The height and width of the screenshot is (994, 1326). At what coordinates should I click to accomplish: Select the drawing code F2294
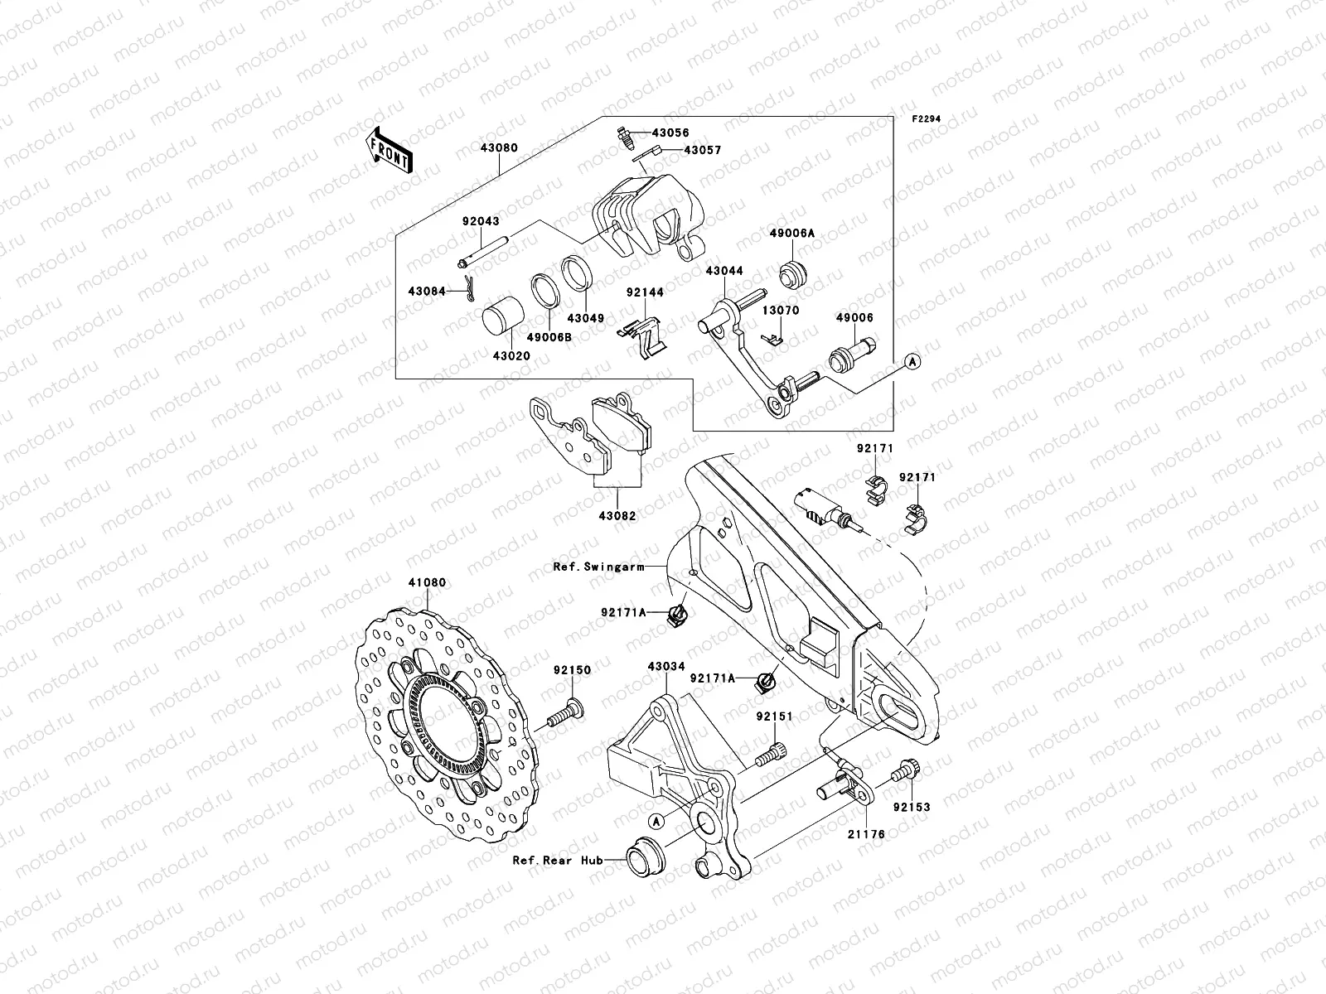click(x=927, y=119)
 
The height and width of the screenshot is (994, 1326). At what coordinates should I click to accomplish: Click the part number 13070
click(x=780, y=311)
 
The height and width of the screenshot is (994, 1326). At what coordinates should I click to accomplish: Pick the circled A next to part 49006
click(x=911, y=361)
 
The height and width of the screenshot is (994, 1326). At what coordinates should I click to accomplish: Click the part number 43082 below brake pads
click(x=617, y=515)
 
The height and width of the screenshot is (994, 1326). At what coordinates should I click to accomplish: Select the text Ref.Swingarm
click(x=598, y=567)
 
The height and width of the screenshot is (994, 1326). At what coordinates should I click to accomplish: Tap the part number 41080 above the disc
click(x=427, y=582)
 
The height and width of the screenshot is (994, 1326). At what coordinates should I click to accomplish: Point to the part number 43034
click(x=665, y=666)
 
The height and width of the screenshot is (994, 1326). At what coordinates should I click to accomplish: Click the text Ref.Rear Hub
click(x=556, y=860)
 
